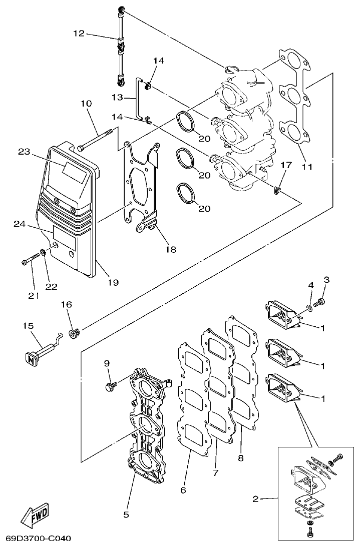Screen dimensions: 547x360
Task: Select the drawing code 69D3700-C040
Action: pyautogui.click(x=38, y=539)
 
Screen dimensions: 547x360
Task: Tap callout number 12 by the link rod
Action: pyautogui.click(x=79, y=34)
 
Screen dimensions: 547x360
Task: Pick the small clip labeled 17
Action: pyautogui.click(x=276, y=189)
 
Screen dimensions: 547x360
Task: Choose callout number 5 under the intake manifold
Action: pyautogui.click(x=126, y=514)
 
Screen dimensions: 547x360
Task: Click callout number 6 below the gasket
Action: pyautogui.click(x=183, y=490)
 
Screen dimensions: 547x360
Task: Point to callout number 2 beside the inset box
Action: pyautogui.click(x=256, y=498)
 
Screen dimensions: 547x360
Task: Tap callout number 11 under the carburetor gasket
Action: pyautogui.click(x=307, y=167)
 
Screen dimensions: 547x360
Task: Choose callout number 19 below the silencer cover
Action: pyautogui.click(x=112, y=282)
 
